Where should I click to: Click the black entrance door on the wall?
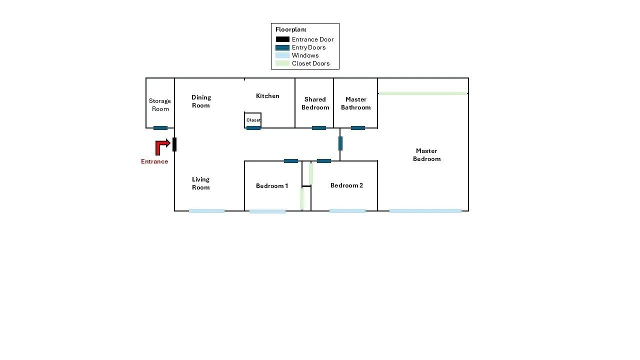(x=174, y=144)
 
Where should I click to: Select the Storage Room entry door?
(x=160, y=128)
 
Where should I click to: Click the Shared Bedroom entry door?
(x=319, y=128)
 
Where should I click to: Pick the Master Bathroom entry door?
(x=357, y=128)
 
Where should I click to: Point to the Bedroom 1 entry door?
(x=291, y=161)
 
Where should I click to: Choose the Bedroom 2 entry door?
(x=324, y=161)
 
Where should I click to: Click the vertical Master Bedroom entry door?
(x=340, y=143)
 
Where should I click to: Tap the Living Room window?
(x=206, y=211)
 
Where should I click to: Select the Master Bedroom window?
(x=425, y=211)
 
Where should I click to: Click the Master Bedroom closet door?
(x=423, y=93)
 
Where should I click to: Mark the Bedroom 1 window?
(x=267, y=211)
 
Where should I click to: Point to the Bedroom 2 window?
(x=347, y=211)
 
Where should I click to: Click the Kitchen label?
(x=267, y=96)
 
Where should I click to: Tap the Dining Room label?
(x=201, y=101)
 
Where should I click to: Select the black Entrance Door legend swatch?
(x=282, y=39)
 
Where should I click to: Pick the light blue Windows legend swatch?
(x=282, y=55)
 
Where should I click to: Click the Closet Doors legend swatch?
(x=282, y=63)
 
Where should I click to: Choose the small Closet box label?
(x=253, y=120)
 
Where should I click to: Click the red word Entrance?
(x=154, y=161)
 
